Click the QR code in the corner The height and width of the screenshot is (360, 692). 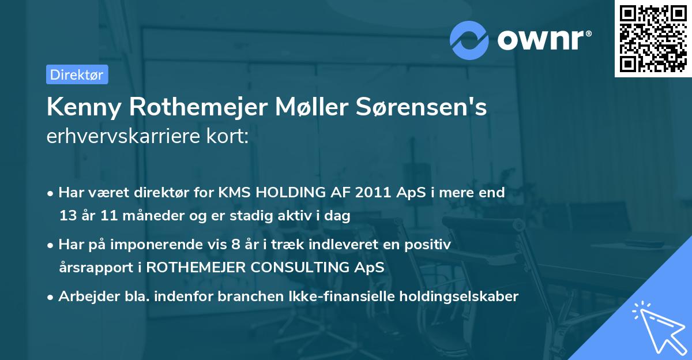tap(653, 39)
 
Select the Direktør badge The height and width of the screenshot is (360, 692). tap(77, 74)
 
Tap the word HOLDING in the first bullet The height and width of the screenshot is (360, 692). tap(287, 193)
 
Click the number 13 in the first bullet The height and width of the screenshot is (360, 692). tap(68, 216)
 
